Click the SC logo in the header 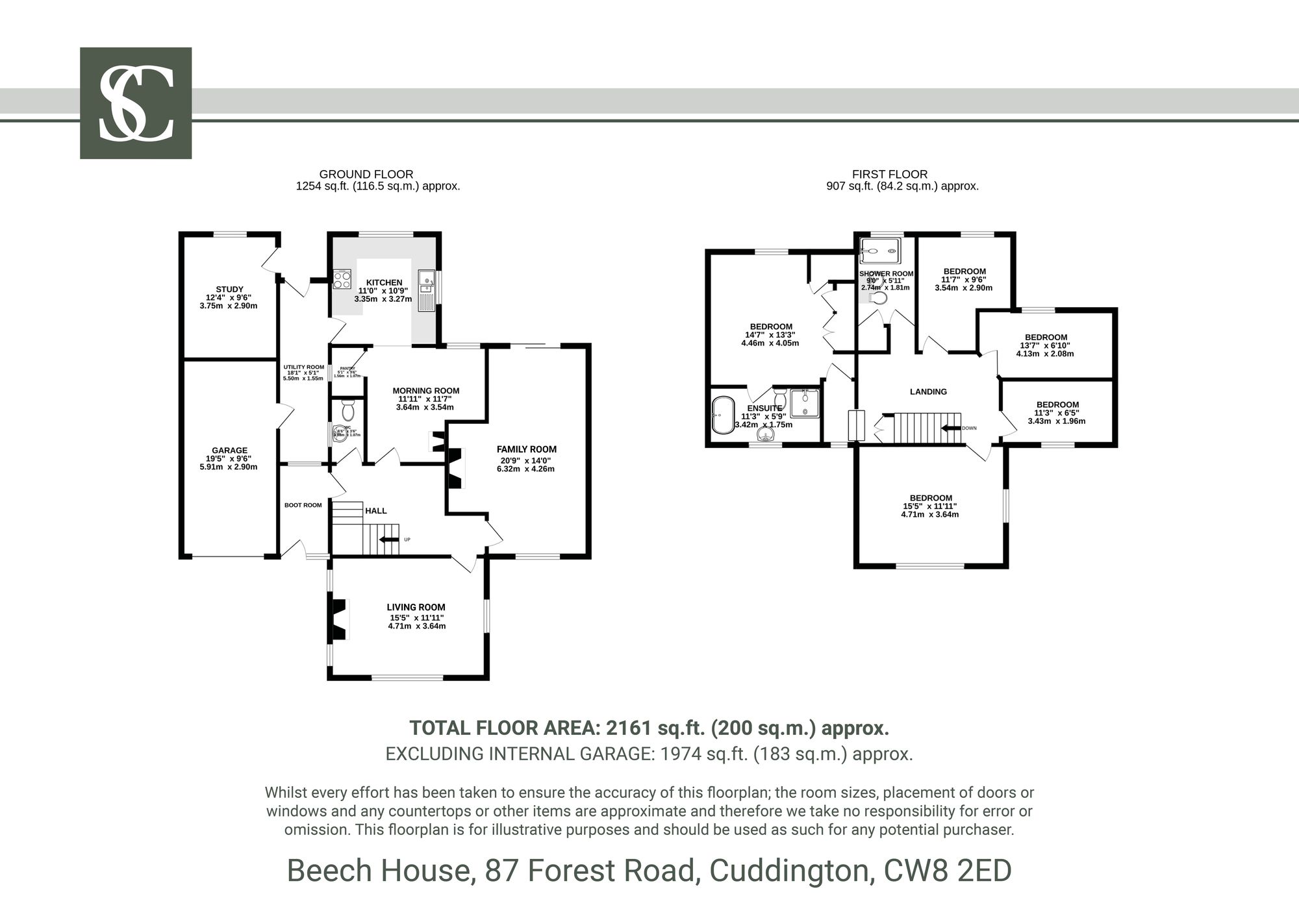[x=136, y=103]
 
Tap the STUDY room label [x=229, y=290]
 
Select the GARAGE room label [x=229, y=451]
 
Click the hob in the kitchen [x=342, y=280]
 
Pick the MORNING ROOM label [x=425, y=391]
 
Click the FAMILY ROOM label [x=526, y=449]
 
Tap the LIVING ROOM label [x=416, y=608]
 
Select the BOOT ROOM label [x=303, y=505]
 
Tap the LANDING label [x=928, y=391]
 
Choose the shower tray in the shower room [x=880, y=247]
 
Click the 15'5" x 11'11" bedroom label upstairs [x=931, y=499]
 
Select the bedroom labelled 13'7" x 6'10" [x=1046, y=338]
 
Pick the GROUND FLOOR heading [x=366, y=174]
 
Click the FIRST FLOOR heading [x=889, y=174]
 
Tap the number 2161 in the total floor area [x=628, y=728]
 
